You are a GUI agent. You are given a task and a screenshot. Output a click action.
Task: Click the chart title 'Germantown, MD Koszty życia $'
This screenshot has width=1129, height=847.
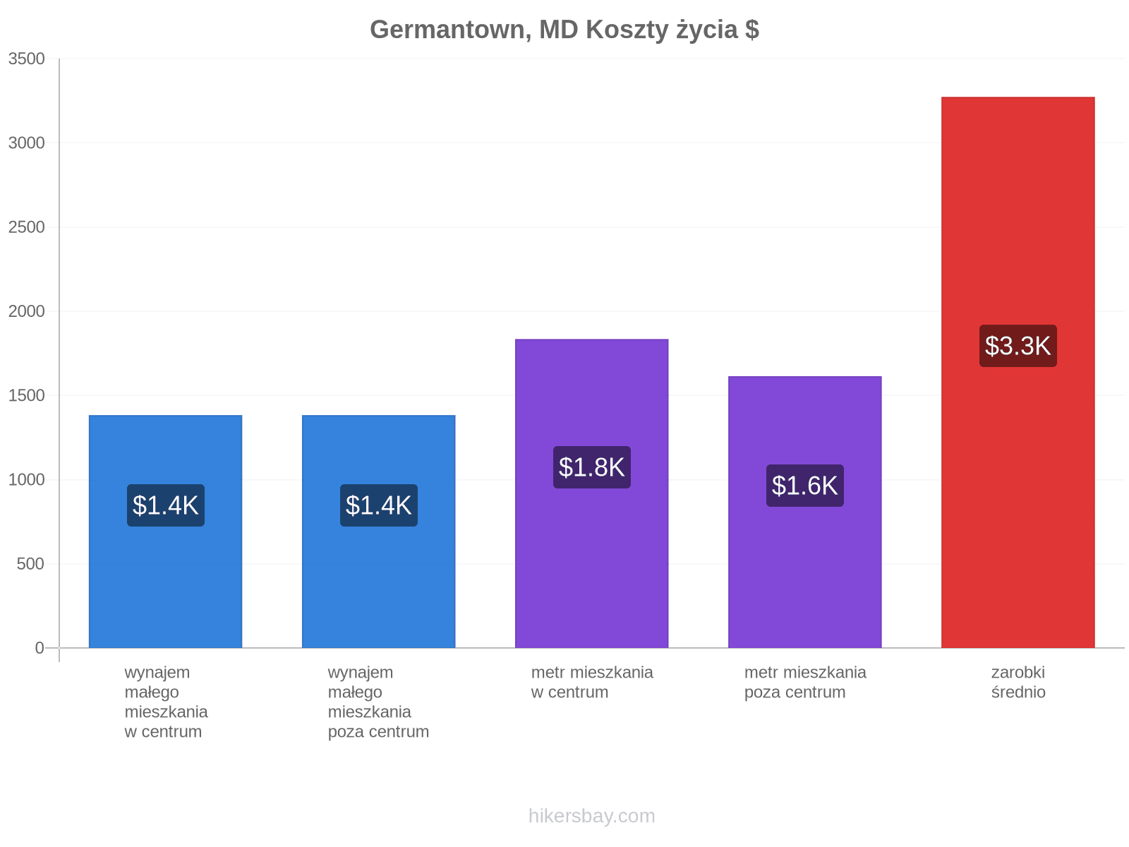564,30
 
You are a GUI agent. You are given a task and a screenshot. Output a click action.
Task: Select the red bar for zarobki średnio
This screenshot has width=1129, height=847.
1018,373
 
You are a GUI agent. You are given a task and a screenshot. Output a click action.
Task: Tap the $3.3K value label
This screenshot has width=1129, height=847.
1018,346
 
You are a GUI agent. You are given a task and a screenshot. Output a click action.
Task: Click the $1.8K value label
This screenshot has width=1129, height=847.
591,467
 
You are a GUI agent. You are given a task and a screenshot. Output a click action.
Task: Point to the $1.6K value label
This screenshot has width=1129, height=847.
804,486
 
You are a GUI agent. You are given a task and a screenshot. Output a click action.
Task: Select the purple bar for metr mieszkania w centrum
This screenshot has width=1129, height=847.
591,493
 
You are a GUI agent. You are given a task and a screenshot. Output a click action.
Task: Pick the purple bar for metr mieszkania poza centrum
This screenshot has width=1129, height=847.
804,512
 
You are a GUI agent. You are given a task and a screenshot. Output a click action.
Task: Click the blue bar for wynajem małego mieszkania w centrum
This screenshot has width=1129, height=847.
165,531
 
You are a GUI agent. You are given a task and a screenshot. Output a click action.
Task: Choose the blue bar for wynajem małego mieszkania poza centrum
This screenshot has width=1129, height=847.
378,531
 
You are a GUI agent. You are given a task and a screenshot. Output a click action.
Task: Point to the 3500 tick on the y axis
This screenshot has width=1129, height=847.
27,59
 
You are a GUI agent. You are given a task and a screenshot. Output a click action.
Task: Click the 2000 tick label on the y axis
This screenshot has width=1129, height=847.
27,311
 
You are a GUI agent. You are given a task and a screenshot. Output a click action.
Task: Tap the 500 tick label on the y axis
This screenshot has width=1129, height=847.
30,564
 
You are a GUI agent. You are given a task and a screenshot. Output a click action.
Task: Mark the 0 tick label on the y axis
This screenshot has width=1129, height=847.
40,648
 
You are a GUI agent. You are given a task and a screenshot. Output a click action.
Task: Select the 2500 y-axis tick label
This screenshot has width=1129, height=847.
27,227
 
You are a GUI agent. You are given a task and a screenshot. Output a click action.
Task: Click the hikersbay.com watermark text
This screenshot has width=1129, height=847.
591,816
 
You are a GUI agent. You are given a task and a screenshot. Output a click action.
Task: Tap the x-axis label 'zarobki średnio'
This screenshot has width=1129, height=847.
1018,682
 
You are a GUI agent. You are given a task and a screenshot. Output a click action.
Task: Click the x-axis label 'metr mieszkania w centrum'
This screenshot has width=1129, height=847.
592,682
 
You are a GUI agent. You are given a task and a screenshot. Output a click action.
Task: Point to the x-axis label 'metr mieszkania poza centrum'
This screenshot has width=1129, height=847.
805,682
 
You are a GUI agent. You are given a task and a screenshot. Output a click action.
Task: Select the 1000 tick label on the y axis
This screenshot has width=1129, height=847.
27,479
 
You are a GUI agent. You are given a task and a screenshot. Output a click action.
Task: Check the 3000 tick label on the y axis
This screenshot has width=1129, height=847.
27,143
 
